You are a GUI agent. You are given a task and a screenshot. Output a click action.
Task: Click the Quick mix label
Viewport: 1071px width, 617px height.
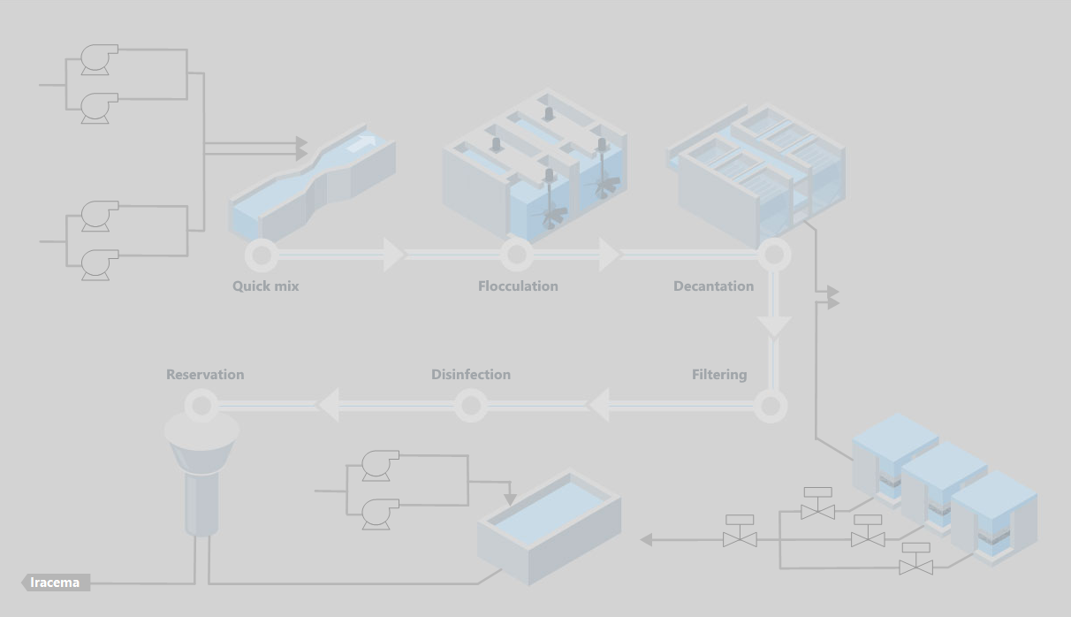pyautogui.click(x=265, y=286)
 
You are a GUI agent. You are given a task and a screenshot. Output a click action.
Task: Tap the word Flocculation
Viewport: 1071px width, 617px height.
pyautogui.click(x=518, y=286)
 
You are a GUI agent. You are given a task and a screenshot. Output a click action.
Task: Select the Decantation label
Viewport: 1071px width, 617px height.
pyautogui.click(x=713, y=286)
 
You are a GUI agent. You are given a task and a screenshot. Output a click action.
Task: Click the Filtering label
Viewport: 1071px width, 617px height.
pyautogui.click(x=718, y=375)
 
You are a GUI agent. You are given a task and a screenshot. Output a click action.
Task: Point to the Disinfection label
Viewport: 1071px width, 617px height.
pyautogui.click(x=470, y=375)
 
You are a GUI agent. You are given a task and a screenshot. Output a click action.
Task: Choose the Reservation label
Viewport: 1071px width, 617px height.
pyautogui.click(x=205, y=375)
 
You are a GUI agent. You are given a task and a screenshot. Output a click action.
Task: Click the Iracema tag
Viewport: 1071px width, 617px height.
pyautogui.click(x=56, y=583)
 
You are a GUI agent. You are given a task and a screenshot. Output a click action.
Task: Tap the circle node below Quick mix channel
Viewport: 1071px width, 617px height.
pyautogui.click(x=261, y=255)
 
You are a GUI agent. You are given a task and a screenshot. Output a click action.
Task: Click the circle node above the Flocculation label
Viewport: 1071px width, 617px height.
pyautogui.click(x=516, y=255)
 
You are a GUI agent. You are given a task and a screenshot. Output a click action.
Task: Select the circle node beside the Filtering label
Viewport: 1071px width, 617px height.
pyautogui.click(x=771, y=407)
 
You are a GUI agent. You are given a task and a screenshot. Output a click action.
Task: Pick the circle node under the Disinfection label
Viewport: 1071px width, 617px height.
pyautogui.click(x=470, y=407)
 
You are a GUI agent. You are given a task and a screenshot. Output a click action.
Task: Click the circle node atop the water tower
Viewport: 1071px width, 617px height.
pyautogui.click(x=201, y=407)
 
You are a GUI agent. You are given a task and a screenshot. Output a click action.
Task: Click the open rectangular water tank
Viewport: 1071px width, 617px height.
pyautogui.click(x=548, y=526)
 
